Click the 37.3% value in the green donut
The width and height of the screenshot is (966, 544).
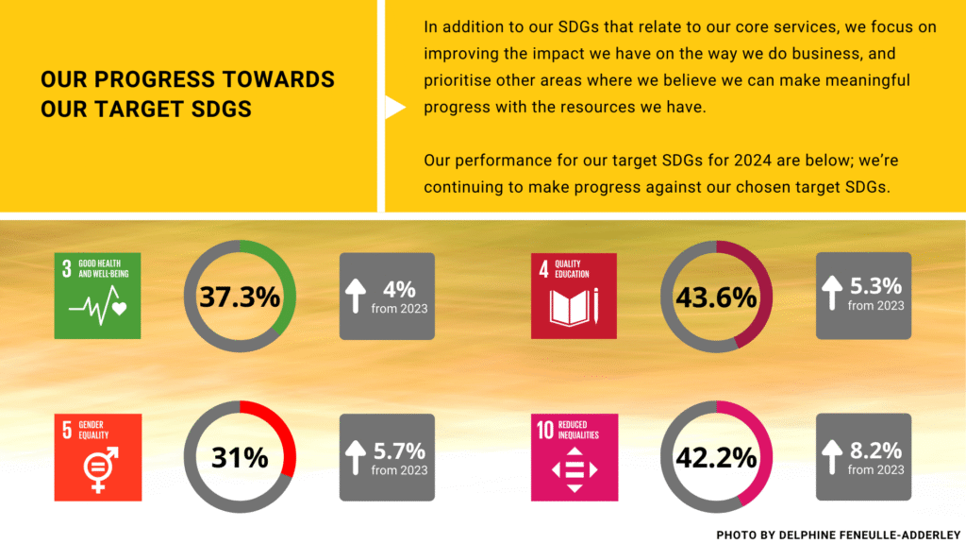pos(240,297)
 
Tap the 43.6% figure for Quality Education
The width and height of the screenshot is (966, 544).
pos(716,297)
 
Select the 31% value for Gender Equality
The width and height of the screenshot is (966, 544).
pos(240,458)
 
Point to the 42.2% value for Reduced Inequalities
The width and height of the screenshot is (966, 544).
pos(716,458)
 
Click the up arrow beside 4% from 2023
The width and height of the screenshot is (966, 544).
pos(355,296)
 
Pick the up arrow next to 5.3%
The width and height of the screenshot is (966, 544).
pos(831,294)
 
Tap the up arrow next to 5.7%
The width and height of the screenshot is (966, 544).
pos(355,457)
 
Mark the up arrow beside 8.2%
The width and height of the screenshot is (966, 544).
pos(831,457)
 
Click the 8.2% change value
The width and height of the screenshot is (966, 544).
pos(875,450)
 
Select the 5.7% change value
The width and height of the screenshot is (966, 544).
pos(399,450)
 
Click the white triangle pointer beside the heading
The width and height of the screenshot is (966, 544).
pos(394,108)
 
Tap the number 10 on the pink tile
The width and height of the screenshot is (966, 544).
pos(544,431)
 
